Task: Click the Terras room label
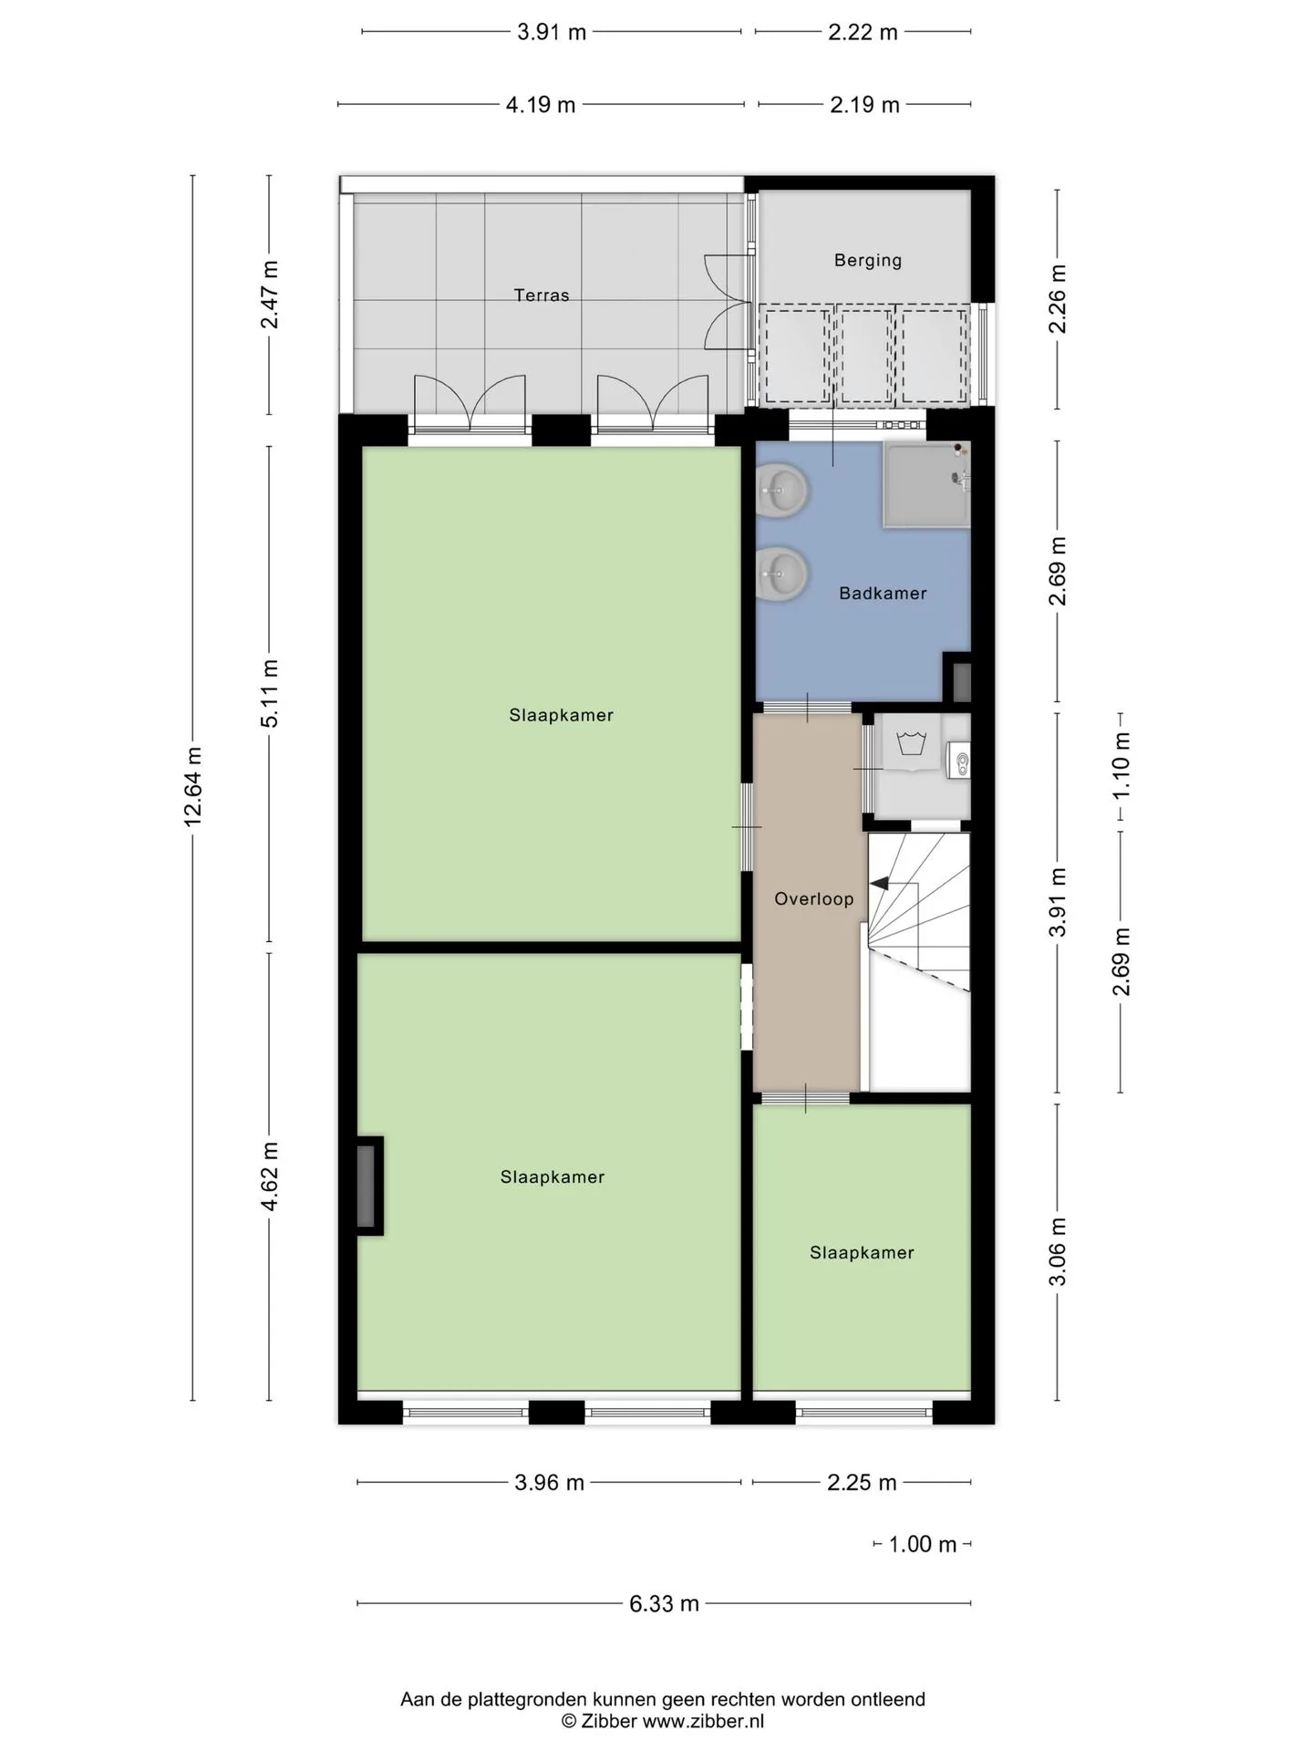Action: (542, 295)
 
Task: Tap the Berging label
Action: (868, 261)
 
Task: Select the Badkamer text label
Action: (883, 594)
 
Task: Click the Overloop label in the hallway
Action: (814, 899)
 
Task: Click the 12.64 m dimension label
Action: (192, 786)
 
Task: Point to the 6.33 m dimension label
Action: (664, 1603)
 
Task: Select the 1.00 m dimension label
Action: (923, 1544)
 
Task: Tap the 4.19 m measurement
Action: (541, 105)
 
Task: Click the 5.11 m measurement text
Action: (269, 693)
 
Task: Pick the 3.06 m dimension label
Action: (1057, 1251)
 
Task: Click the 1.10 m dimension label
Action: (1121, 766)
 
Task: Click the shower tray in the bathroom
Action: (925, 485)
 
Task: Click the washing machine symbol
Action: (912, 744)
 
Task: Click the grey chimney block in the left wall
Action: (367, 1186)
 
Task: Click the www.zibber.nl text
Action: (703, 1721)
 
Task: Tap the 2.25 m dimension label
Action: (862, 1482)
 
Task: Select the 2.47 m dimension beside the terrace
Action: (269, 295)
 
